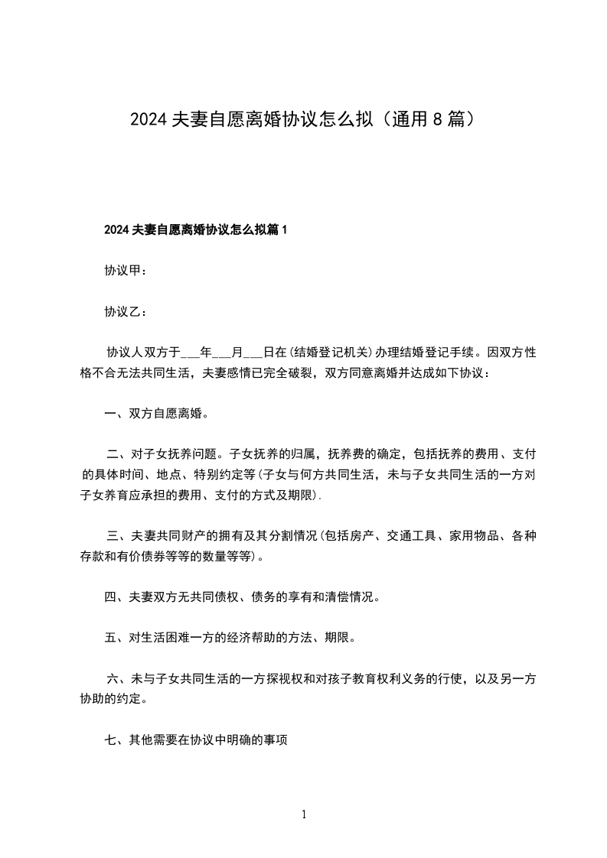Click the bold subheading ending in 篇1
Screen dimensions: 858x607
pyautogui.click(x=195, y=229)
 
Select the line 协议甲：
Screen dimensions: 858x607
pyautogui.click(x=126, y=271)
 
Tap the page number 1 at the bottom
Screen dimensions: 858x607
pyautogui.click(x=304, y=814)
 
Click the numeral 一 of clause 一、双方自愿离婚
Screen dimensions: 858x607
pyautogui.click(x=110, y=414)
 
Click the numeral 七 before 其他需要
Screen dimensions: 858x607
pyautogui.click(x=110, y=739)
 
